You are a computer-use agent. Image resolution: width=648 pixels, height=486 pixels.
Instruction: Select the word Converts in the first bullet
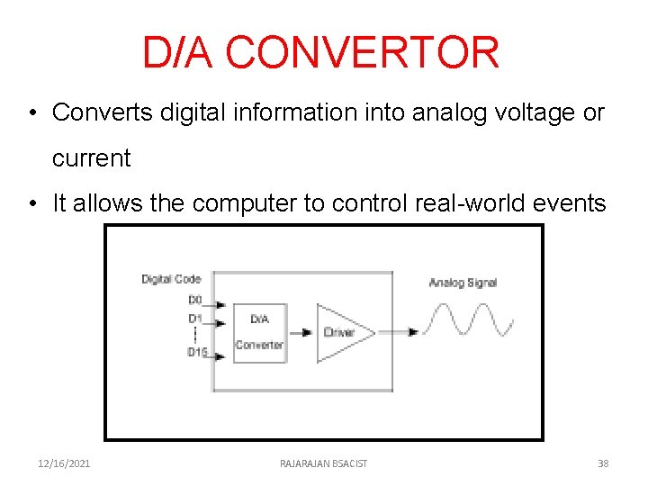103,112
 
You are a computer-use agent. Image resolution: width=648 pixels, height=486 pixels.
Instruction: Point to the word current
91,158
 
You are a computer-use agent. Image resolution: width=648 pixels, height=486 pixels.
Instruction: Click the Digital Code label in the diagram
171,280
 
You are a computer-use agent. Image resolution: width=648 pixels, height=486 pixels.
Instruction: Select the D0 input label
194,300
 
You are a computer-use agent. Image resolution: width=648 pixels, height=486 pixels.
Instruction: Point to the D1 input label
194,319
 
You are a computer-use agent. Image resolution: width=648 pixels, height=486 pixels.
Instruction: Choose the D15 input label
197,352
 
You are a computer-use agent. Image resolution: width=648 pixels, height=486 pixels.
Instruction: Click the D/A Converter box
259,332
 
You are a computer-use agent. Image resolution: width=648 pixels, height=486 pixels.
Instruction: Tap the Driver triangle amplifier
342,332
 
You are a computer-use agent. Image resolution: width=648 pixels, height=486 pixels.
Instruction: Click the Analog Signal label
463,283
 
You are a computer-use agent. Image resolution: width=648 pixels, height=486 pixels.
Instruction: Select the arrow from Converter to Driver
301,332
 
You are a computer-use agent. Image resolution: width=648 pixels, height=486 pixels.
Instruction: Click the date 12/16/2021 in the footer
64,463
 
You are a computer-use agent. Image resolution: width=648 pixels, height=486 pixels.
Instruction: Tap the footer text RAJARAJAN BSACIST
323,463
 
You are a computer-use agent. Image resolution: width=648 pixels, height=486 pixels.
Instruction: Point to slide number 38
603,463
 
